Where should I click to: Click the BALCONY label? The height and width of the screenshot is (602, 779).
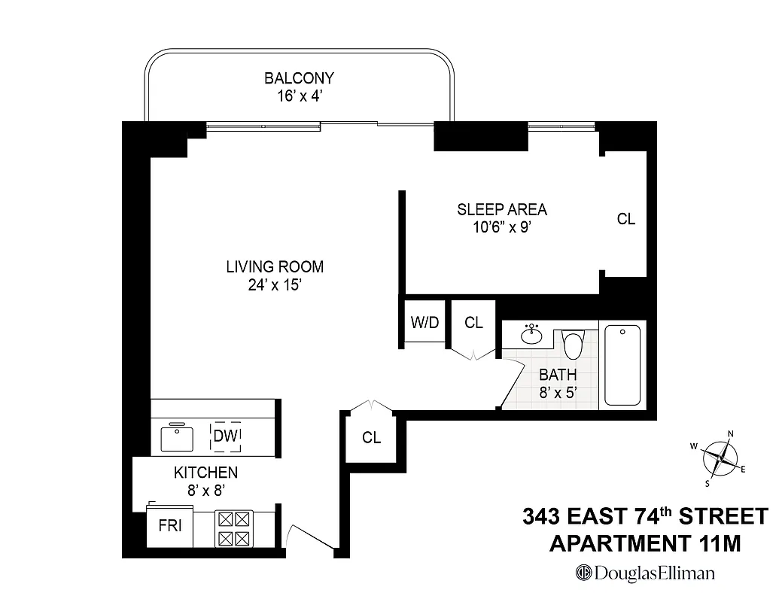[x=299, y=78]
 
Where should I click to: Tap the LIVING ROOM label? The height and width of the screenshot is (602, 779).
[x=275, y=266]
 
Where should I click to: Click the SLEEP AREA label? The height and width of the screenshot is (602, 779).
[x=502, y=210]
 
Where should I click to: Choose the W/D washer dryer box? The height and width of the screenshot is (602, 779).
[x=424, y=323]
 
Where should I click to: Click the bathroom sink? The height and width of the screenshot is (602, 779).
[x=532, y=333]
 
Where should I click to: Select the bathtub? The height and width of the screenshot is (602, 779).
[x=622, y=365]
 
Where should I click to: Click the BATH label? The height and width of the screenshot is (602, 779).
[x=558, y=375]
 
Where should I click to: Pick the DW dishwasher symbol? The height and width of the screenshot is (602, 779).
[x=225, y=436]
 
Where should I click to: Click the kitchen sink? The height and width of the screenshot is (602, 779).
[x=178, y=436]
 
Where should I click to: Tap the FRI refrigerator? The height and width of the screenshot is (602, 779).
[x=170, y=526]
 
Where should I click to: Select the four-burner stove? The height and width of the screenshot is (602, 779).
[x=233, y=528]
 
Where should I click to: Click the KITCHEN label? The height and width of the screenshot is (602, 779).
[x=205, y=473]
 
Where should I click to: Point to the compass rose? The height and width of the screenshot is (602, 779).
[x=721, y=457]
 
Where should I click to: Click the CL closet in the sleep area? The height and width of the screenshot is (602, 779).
[x=625, y=220]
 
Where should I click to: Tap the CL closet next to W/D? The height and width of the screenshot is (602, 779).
[x=473, y=323]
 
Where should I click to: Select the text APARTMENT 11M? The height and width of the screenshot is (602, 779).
[x=645, y=543]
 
